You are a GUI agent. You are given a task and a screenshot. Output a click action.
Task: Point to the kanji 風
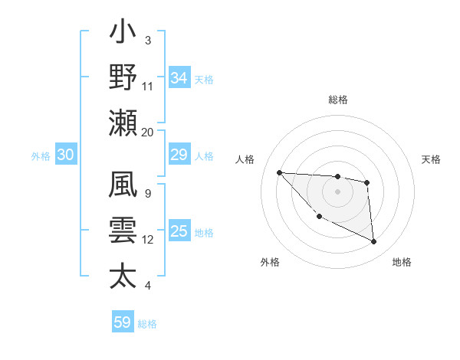point(123,186)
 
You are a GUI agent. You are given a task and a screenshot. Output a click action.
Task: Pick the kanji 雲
point(123,231)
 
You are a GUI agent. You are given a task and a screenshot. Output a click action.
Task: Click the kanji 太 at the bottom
point(123,275)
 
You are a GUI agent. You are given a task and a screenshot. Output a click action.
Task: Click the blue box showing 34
point(179,77)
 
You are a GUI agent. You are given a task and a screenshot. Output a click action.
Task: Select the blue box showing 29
point(179,155)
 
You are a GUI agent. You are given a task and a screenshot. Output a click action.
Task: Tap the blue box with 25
point(179,231)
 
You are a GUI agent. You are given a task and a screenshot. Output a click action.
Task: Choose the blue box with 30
point(65,155)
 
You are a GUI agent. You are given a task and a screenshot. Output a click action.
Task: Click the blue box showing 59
point(123,322)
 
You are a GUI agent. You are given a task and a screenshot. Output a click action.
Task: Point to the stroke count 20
point(148,132)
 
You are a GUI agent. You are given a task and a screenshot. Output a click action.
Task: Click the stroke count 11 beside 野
point(148,86)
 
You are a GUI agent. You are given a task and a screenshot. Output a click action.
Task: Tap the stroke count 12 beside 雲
point(148,240)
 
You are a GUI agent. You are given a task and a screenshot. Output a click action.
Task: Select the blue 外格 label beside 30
point(41,156)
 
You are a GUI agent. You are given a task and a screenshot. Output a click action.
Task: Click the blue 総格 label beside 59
point(147,323)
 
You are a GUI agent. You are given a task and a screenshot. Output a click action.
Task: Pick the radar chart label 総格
point(337,100)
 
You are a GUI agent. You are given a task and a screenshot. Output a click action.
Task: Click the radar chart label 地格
point(402,262)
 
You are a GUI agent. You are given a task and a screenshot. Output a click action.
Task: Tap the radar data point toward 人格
point(279,172)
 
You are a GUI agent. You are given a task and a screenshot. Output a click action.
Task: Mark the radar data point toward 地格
point(374,242)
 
